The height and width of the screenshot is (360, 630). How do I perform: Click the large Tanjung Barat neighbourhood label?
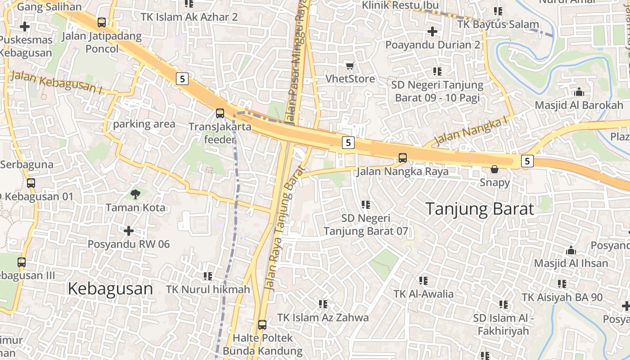pos(479,209)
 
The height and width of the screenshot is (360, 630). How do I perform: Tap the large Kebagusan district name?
pos(110,289)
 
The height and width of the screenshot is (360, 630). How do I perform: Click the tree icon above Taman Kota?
pos(135,194)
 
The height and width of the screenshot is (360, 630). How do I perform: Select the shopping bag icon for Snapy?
pos(495,169)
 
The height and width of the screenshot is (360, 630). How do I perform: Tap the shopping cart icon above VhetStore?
pos(350,66)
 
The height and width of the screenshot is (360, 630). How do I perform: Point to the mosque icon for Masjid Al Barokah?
pos(579,92)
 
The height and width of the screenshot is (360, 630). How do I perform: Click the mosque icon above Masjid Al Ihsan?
pos(571,250)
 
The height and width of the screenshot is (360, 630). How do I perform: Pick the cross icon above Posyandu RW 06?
pos(129,231)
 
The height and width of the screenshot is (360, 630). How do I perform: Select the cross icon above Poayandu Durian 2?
pos(432,31)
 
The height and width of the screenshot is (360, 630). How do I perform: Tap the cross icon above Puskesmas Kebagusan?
pos(25,27)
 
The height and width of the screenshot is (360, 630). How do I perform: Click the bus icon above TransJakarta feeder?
pos(220,113)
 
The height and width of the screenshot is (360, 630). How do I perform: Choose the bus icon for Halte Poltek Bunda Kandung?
pos(262,324)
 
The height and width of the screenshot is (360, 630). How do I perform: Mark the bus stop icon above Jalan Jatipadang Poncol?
pos(102,22)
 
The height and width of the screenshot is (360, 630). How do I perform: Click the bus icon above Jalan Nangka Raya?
pos(403,158)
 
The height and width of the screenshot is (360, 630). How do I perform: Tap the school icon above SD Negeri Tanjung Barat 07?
pos(366,205)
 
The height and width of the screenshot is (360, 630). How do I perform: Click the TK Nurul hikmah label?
pos(208,289)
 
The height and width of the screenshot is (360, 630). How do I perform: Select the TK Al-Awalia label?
pos(423,294)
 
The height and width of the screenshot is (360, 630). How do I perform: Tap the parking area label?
pos(144,124)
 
